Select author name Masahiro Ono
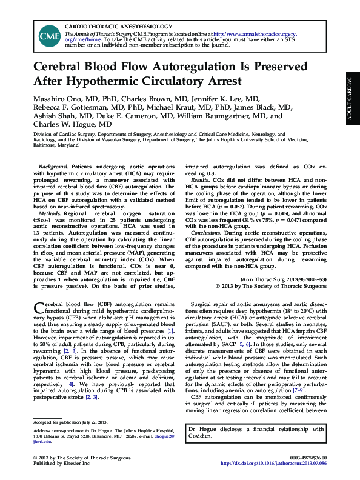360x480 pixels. [x=58, y=98]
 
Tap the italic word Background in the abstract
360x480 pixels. [x=53, y=167]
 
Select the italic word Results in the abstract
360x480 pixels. [x=200, y=181]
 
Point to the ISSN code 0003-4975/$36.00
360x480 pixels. [x=305, y=456]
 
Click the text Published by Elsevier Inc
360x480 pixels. [x=61, y=463]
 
